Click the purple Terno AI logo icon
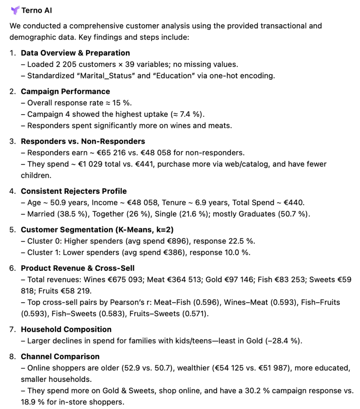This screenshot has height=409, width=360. pyautogui.click(x=15, y=10)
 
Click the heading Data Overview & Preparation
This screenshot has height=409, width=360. pyautogui.click(x=75, y=53)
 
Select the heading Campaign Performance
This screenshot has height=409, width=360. pyautogui.click(x=65, y=91)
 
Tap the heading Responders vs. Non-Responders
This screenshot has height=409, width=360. pyautogui.click(x=83, y=141)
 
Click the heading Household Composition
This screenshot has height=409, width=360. pyautogui.click(x=66, y=329)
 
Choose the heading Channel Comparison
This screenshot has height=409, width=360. pyautogui.click(x=60, y=356)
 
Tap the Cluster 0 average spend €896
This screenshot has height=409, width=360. pyautogui.click(x=178, y=241)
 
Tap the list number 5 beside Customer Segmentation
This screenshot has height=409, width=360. pyautogui.click(x=12, y=230)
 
